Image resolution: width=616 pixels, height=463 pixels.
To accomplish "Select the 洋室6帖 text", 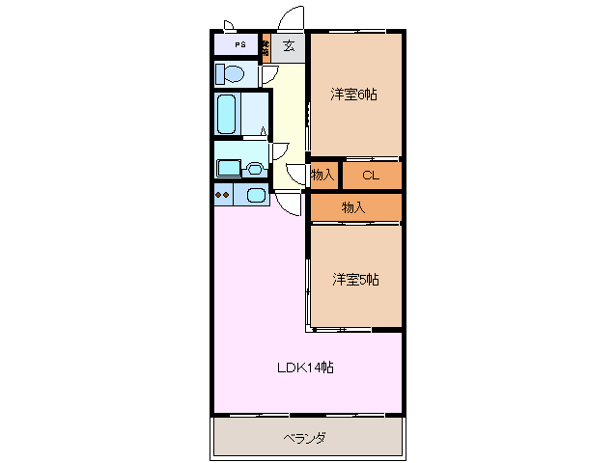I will (x=353, y=95).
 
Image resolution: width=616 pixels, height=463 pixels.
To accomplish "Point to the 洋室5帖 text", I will (x=355, y=280).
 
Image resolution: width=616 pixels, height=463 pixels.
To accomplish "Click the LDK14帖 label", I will (x=306, y=368).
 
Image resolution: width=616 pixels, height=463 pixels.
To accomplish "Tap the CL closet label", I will (x=370, y=175).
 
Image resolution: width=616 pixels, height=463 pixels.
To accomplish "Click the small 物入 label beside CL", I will (x=322, y=175).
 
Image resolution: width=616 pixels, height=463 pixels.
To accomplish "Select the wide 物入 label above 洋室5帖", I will (x=353, y=206).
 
